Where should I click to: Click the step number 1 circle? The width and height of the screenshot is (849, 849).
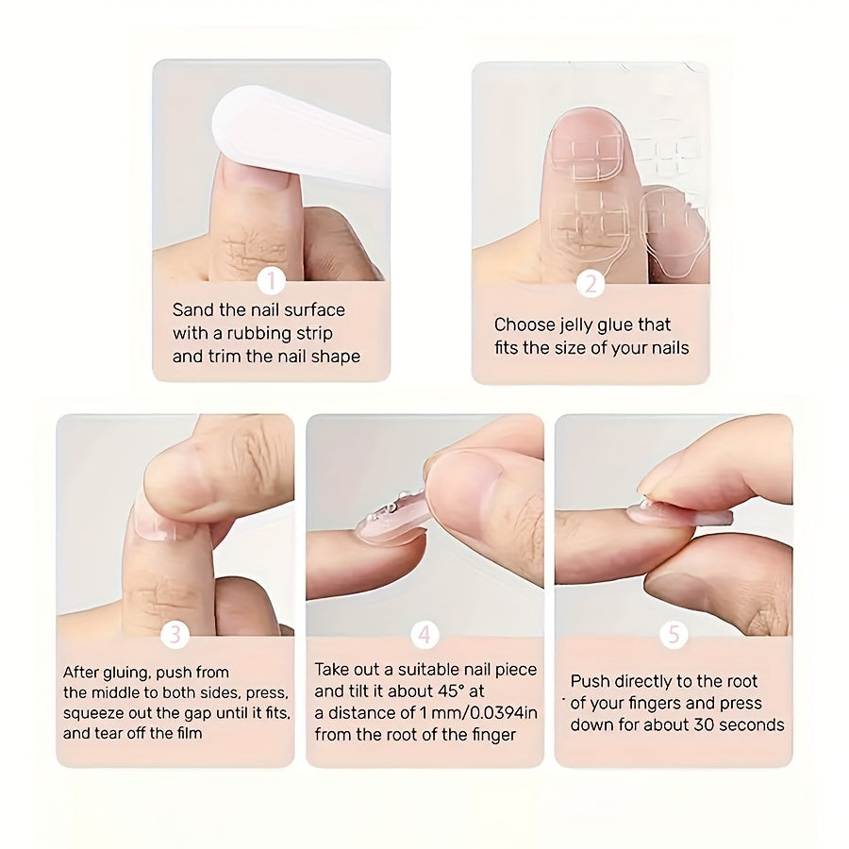[271, 281]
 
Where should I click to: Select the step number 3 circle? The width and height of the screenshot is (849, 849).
[175, 635]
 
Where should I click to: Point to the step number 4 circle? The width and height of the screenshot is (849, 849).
[424, 635]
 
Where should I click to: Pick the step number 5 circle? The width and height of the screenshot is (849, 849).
[673, 635]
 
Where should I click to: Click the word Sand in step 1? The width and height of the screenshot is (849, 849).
[191, 310]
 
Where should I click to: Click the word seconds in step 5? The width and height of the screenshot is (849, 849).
[750, 725]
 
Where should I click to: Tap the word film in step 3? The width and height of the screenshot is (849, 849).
[188, 733]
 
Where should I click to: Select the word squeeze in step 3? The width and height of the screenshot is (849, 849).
[92, 712]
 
